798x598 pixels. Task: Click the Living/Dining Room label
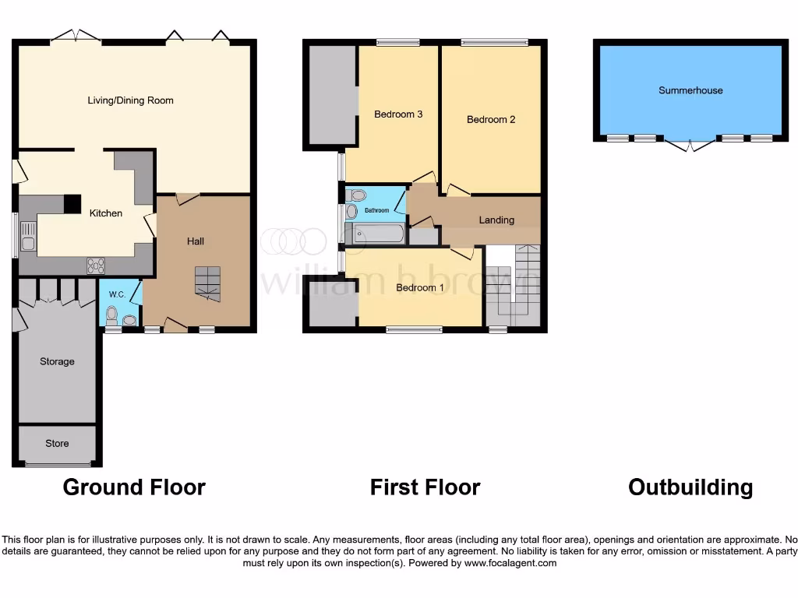click(130, 100)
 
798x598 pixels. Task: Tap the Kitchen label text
click(105, 213)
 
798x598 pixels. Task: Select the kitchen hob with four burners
click(95, 266)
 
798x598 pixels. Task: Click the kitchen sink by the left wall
click(28, 236)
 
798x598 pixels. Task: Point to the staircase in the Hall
click(207, 283)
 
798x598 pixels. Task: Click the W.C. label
click(118, 294)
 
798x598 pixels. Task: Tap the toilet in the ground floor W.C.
click(111, 315)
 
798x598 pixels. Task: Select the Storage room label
click(57, 361)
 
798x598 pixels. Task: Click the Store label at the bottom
click(57, 444)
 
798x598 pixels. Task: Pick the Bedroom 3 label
click(398, 114)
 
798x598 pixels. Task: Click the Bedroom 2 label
click(491, 120)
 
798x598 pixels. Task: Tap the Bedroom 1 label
click(420, 288)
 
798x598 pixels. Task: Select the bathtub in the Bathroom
click(377, 234)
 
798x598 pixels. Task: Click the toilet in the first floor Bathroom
click(357, 195)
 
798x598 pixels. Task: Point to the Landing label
click(496, 220)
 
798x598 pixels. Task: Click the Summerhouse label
click(690, 90)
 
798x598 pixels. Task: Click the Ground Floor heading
click(134, 488)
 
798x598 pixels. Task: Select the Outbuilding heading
click(690, 488)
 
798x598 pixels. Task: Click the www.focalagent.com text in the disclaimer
click(510, 563)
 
